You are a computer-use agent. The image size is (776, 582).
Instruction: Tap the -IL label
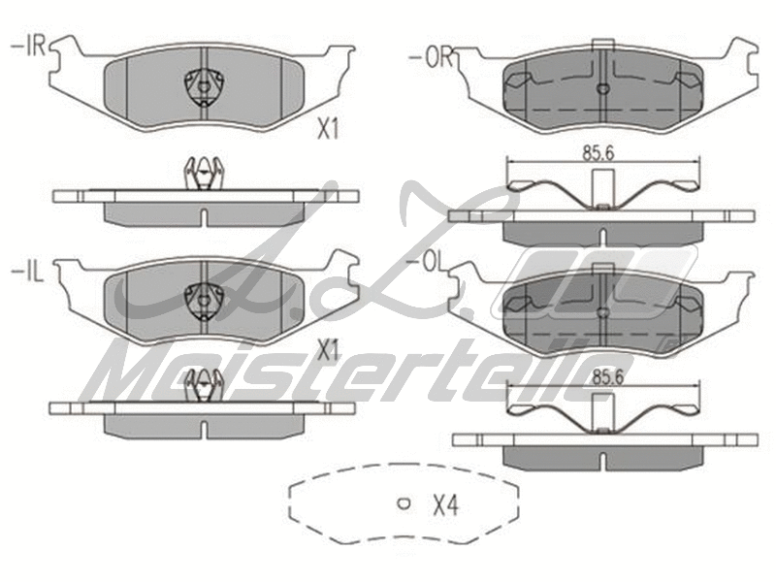pos(28,270)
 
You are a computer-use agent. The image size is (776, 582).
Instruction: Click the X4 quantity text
pos(444,504)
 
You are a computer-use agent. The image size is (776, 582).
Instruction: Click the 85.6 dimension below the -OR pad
pos(600,151)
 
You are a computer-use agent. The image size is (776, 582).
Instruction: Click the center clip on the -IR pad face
pos(204,85)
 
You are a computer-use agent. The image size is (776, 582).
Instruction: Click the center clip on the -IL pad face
pos(204,300)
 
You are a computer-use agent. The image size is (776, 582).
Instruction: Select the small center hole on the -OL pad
pos(602,311)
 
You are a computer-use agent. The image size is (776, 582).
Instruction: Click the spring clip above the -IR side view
pos(204,174)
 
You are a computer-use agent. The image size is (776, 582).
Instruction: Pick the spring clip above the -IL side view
pos(204,384)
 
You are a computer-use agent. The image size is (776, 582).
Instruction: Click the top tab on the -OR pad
pos(602,42)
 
